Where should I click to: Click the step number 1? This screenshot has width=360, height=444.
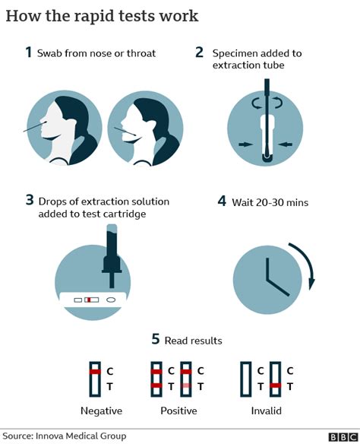click(x=29, y=52)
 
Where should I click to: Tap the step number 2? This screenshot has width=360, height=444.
click(x=199, y=52)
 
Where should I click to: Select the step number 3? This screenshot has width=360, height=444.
click(x=29, y=201)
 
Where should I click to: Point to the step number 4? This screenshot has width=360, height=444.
click(x=222, y=201)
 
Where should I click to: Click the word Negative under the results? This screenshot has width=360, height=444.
click(x=103, y=411)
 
